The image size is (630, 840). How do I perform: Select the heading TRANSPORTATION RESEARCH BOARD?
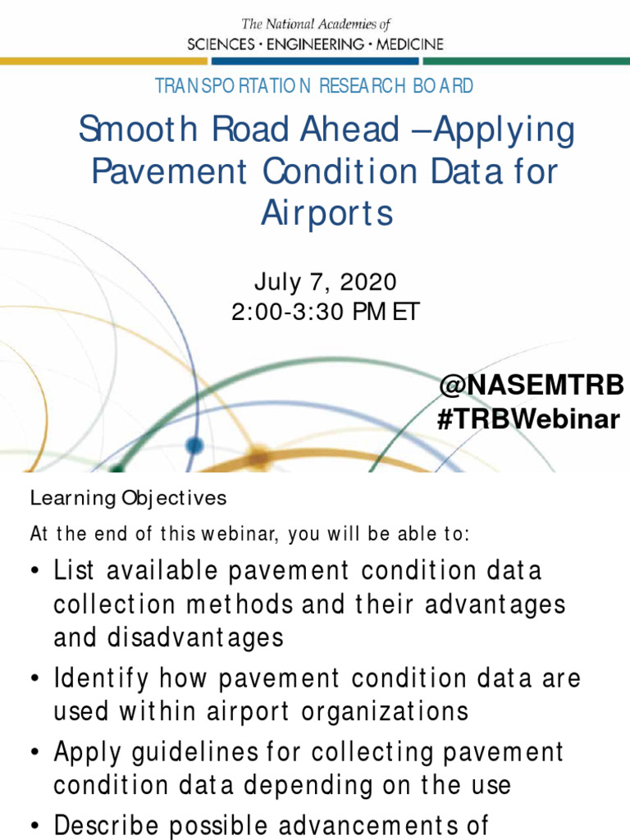coord(314,85)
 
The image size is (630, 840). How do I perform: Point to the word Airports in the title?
coord(327,213)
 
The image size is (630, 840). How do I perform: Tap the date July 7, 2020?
coord(326,283)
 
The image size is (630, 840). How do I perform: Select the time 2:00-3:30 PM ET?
coord(326,313)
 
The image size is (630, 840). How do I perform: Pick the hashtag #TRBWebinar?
coord(529,419)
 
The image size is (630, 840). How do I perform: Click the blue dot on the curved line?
coord(194,445)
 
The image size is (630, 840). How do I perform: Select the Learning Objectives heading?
coord(128,498)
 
